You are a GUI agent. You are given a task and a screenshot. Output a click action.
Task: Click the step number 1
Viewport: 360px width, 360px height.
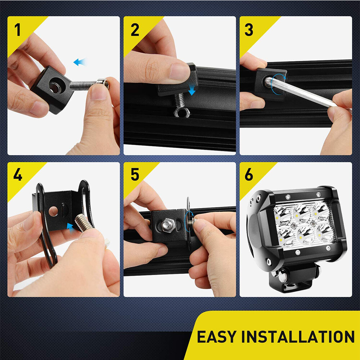(x=18, y=30)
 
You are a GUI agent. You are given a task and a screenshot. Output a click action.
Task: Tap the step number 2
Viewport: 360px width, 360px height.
(x=135, y=30)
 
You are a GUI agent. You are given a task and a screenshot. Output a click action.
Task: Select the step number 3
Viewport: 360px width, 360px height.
(x=249, y=30)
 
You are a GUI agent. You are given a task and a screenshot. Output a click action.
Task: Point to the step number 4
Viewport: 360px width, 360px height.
(x=18, y=175)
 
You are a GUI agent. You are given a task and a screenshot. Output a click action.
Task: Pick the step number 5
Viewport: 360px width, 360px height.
(x=135, y=175)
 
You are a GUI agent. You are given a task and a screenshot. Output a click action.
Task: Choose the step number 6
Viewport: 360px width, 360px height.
(x=249, y=175)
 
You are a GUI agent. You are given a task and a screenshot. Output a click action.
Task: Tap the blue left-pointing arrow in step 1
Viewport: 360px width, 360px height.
(x=80, y=62)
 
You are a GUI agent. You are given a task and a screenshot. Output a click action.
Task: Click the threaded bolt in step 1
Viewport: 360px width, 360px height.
(x=86, y=85)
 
